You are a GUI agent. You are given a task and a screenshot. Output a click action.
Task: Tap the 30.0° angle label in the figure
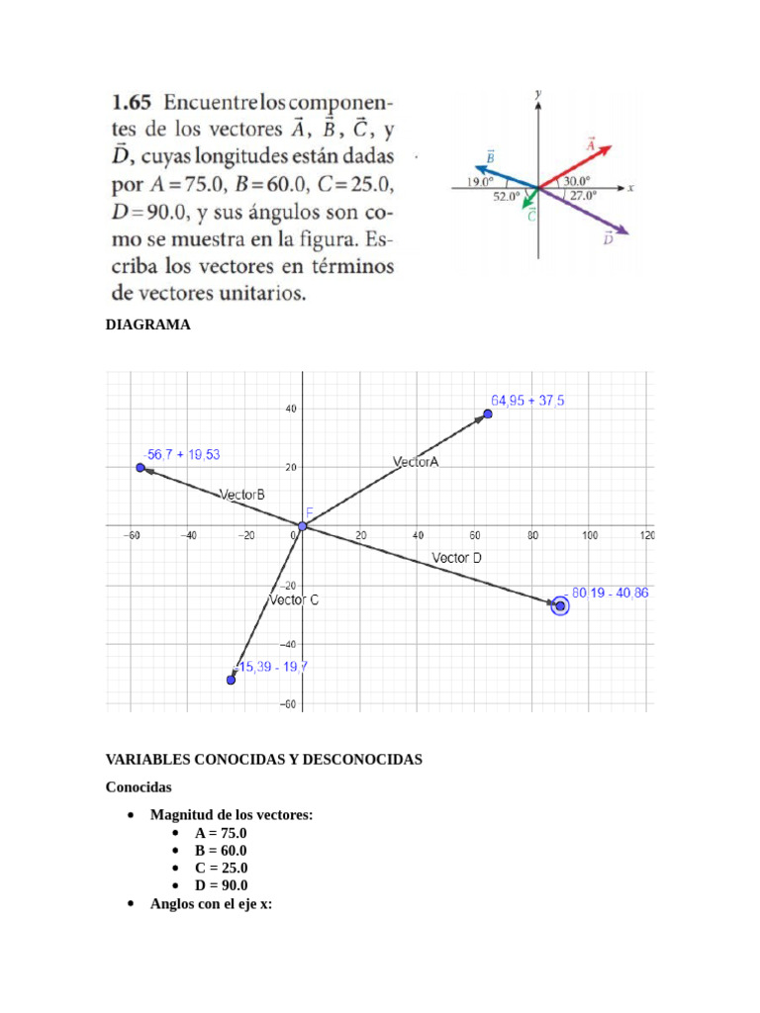click(x=577, y=181)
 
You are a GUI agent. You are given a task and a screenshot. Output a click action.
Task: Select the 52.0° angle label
click(x=506, y=197)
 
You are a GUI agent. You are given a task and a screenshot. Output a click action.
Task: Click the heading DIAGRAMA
click(x=147, y=324)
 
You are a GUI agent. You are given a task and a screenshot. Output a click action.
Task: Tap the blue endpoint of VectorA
click(x=488, y=414)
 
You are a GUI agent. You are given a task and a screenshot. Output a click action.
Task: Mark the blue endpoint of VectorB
click(x=141, y=467)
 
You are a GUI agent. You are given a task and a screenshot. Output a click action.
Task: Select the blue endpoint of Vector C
click(x=232, y=680)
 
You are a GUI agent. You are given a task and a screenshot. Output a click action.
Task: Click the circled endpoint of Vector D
click(x=560, y=605)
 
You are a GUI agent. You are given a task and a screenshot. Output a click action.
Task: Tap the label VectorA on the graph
click(x=416, y=462)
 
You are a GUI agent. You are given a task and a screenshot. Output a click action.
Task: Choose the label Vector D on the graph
click(x=457, y=558)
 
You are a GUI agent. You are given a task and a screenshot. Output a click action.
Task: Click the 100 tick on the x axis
click(x=590, y=535)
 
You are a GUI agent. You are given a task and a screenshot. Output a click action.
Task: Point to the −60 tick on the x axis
click(x=131, y=535)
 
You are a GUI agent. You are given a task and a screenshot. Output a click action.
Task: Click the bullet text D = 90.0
click(x=221, y=885)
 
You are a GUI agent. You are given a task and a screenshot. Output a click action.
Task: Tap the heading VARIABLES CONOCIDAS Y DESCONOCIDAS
click(x=264, y=760)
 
